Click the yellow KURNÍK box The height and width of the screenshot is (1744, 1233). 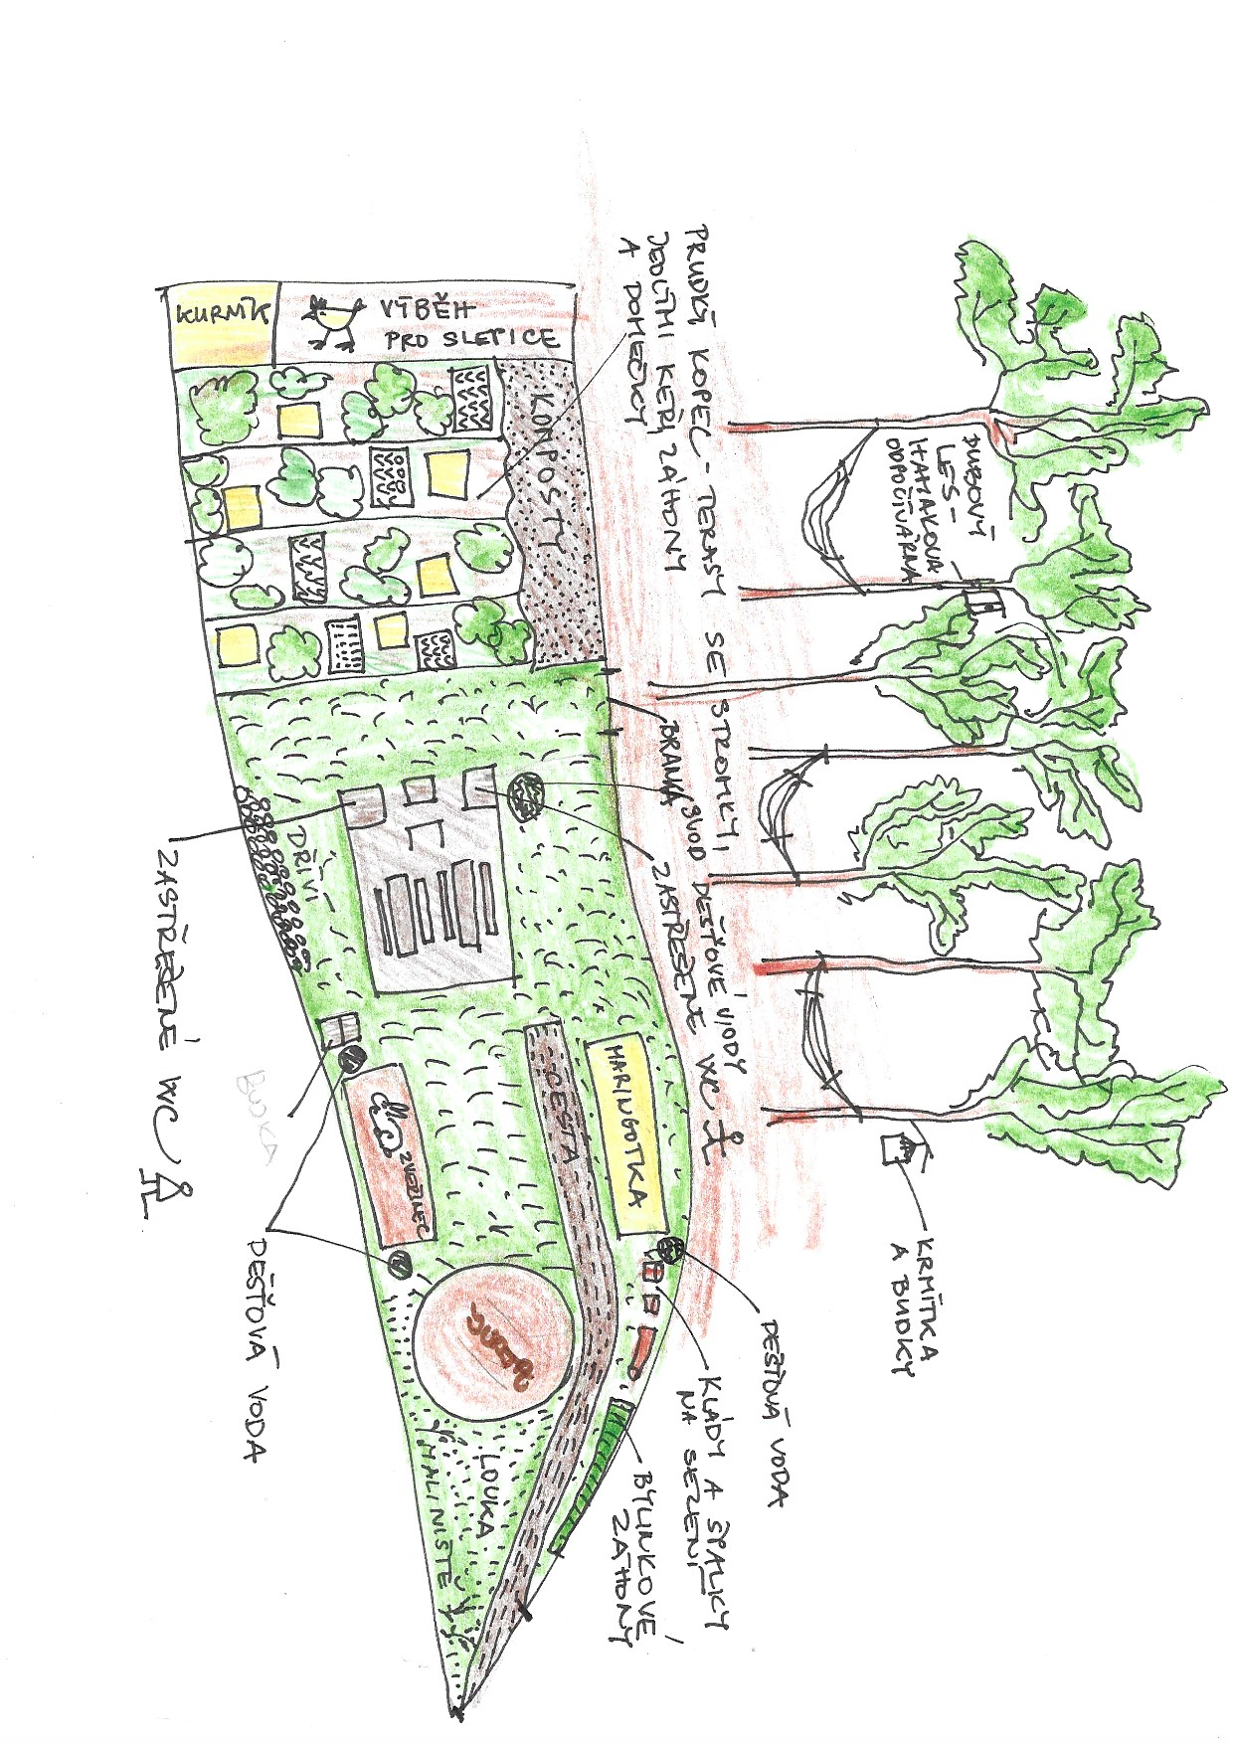(x=221, y=323)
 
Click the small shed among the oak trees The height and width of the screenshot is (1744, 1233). (x=985, y=604)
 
